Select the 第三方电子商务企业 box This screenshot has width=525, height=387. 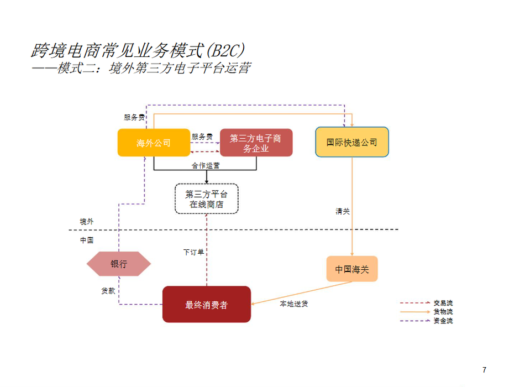coord(256,143)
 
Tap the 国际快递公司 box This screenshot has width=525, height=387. coord(351,142)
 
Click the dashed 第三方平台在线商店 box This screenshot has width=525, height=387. coord(206,198)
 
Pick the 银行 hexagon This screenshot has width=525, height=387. coord(119,264)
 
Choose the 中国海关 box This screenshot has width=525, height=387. coord(351,269)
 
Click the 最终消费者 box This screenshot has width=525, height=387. coord(206,304)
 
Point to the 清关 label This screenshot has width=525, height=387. coord(343,211)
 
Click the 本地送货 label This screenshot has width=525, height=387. coord(294,304)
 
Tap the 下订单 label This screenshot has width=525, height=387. coord(193,252)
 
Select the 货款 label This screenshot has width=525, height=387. coord(108,290)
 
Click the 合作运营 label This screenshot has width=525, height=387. coord(206,165)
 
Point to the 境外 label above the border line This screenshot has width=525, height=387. coord(87,221)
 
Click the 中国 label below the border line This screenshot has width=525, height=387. coord(87,240)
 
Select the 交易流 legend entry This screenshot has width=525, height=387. coord(443,303)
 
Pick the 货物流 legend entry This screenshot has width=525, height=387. coord(443,312)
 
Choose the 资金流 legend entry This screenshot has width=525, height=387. coord(443,321)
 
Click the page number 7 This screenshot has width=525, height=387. coord(484,370)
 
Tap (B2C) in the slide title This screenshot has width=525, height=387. coord(225,50)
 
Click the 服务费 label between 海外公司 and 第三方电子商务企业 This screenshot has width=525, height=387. coord(202,136)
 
